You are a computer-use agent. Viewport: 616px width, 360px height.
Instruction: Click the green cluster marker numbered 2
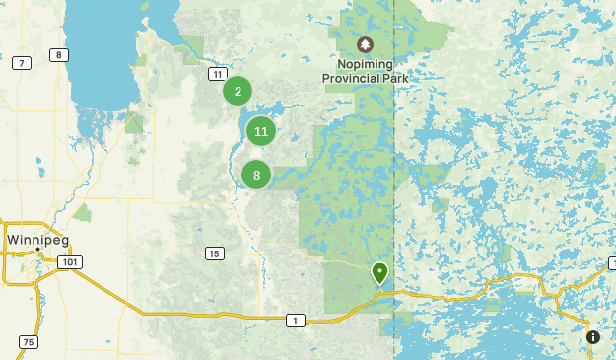[x=238, y=91]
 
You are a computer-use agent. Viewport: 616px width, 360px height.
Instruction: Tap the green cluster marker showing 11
[x=260, y=130]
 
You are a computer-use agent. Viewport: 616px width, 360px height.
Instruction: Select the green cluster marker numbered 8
[x=256, y=175]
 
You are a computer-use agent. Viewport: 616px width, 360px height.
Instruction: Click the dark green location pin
[x=379, y=271]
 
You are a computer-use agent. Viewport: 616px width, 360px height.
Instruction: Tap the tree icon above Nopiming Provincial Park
[x=365, y=44]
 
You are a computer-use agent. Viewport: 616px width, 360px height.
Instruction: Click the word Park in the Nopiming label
[x=394, y=78]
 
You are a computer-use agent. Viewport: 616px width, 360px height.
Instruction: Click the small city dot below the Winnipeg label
[x=37, y=251]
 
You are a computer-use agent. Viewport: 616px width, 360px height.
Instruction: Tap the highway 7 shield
[x=21, y=63]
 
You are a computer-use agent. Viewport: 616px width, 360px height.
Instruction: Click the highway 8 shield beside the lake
[x=60, y=54]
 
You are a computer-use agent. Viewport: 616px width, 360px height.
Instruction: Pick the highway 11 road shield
[x=216, y=73]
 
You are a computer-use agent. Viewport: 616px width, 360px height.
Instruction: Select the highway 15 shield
[x=214, y=253]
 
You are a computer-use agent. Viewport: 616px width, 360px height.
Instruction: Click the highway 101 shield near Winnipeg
[x=69, y=261]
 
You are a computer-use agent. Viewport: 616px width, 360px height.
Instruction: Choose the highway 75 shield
[x=28, y=341]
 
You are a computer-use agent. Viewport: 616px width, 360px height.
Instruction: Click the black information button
[x=592, y=337]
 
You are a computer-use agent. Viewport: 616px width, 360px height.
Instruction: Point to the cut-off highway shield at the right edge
[x=611, y=263]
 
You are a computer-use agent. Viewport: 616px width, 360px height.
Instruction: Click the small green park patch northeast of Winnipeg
[x=83, y=211]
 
